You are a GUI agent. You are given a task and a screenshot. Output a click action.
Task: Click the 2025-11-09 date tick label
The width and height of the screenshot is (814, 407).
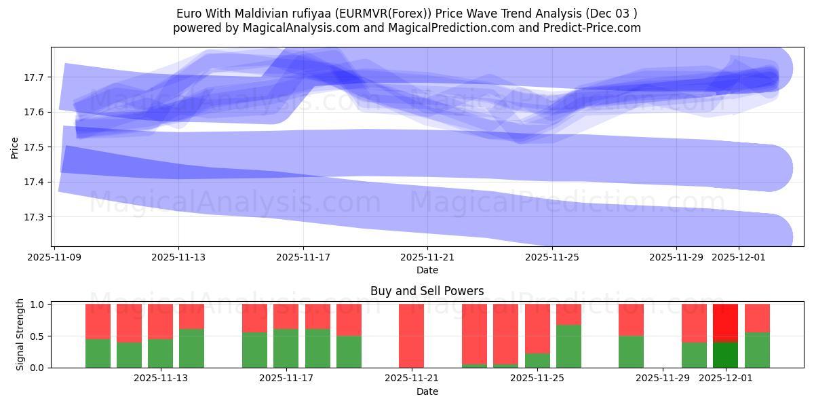click(x=54, y=257)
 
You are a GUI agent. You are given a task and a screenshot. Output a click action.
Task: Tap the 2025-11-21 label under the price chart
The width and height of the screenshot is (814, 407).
click(x=427, y=257)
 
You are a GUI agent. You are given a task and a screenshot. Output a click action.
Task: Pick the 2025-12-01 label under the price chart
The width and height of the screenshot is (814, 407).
click(x=739, y=257)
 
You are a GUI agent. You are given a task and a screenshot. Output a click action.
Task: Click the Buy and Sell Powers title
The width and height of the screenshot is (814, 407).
click(x=427, y=291)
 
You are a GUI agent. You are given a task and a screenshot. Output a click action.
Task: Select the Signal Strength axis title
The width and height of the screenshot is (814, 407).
click(x=20, y=335)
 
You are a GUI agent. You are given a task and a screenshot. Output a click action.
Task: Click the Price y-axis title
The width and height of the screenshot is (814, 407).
click(x=15, y=147)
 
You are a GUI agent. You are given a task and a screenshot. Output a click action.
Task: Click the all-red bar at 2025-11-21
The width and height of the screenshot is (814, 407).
click(x=411, y=336)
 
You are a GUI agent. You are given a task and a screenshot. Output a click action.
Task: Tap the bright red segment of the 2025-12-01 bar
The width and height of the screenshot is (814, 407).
click(x=725, y=323)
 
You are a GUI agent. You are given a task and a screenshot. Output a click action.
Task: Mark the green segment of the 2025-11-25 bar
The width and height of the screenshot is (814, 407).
click(x=568, y=346)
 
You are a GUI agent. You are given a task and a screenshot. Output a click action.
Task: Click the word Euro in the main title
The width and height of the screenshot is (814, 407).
click(x=189, y=13)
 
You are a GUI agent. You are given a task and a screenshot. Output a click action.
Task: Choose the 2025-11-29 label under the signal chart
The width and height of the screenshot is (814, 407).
click(x=662, y=379)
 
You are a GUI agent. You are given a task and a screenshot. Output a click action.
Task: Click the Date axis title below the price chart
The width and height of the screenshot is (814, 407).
click(x=427, y=270)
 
